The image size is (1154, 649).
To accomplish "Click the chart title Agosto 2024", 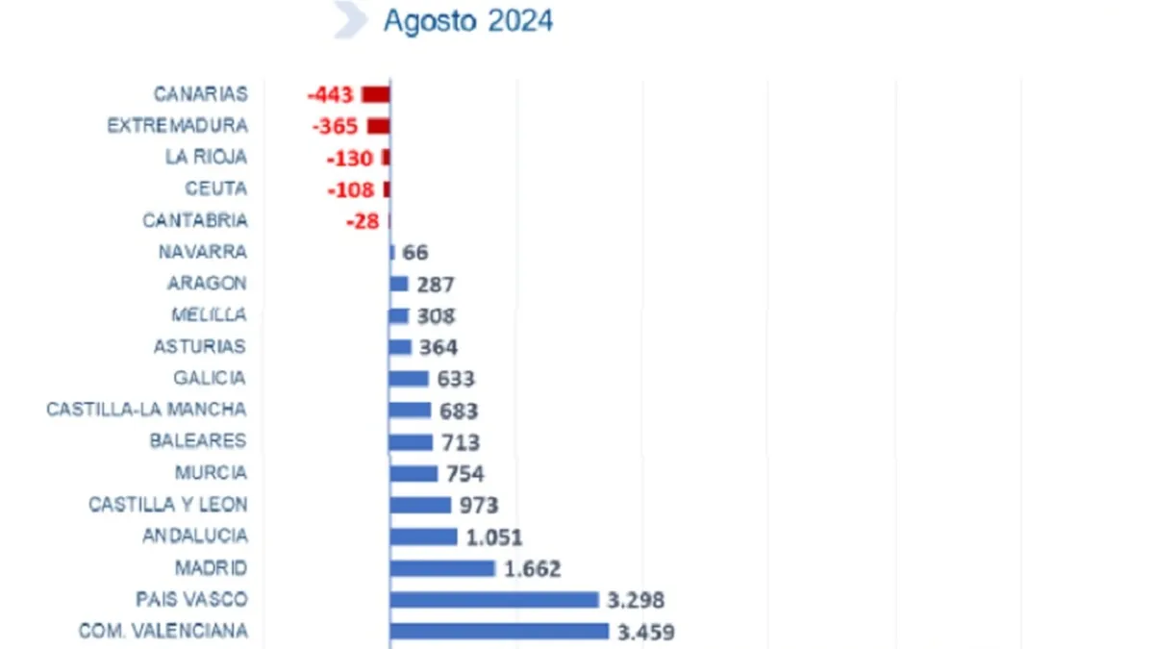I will pos(468,21).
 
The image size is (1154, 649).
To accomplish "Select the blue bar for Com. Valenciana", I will pos(499,632).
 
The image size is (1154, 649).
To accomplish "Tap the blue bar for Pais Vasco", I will pos(494,600).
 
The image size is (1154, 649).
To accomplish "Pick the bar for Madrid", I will pos(442,568).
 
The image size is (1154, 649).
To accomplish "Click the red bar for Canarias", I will pos(376,94).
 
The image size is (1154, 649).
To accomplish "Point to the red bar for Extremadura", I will pos(379,126).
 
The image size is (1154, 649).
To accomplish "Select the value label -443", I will pos(330,95).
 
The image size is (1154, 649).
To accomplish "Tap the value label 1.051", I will pos(494,537).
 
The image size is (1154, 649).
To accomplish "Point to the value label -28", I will pos(363,221).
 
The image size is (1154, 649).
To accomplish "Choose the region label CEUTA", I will pos(216,188).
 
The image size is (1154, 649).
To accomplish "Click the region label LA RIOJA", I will pos(206,157).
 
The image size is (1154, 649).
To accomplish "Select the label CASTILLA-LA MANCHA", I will pos(146,410).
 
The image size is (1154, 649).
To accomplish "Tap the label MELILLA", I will pos(209,314).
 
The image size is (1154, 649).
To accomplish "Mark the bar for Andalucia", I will pos(423,537).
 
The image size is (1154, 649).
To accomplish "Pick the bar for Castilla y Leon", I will pos(420,505).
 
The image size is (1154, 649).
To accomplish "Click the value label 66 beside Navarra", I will pos(415,253).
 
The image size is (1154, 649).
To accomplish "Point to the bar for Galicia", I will pos(409,379).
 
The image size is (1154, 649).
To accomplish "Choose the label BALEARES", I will pos(198,441).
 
